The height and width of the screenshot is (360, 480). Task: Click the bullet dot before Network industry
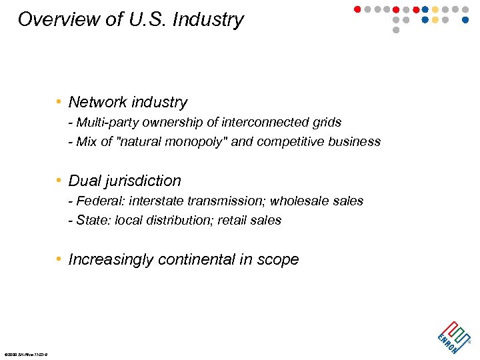coord(59,103)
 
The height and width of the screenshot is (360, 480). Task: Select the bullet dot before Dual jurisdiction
coord(59,181)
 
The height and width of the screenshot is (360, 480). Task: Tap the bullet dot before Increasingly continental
coord(59,260)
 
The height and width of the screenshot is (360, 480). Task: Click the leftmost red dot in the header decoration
coord(357,9)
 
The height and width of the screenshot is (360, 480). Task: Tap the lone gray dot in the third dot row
coord(396,30)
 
